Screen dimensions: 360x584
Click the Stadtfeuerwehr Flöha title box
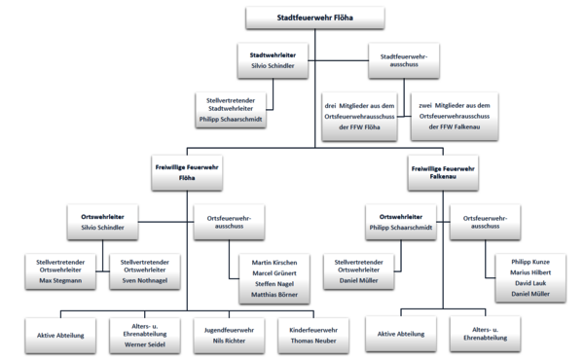315,18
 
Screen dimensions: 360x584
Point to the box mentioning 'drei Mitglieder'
359,116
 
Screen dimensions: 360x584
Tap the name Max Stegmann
60,280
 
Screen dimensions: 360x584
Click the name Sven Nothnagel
144,280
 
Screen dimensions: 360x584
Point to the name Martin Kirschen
274,263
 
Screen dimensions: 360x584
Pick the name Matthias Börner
274,293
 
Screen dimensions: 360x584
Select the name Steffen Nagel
274,283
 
